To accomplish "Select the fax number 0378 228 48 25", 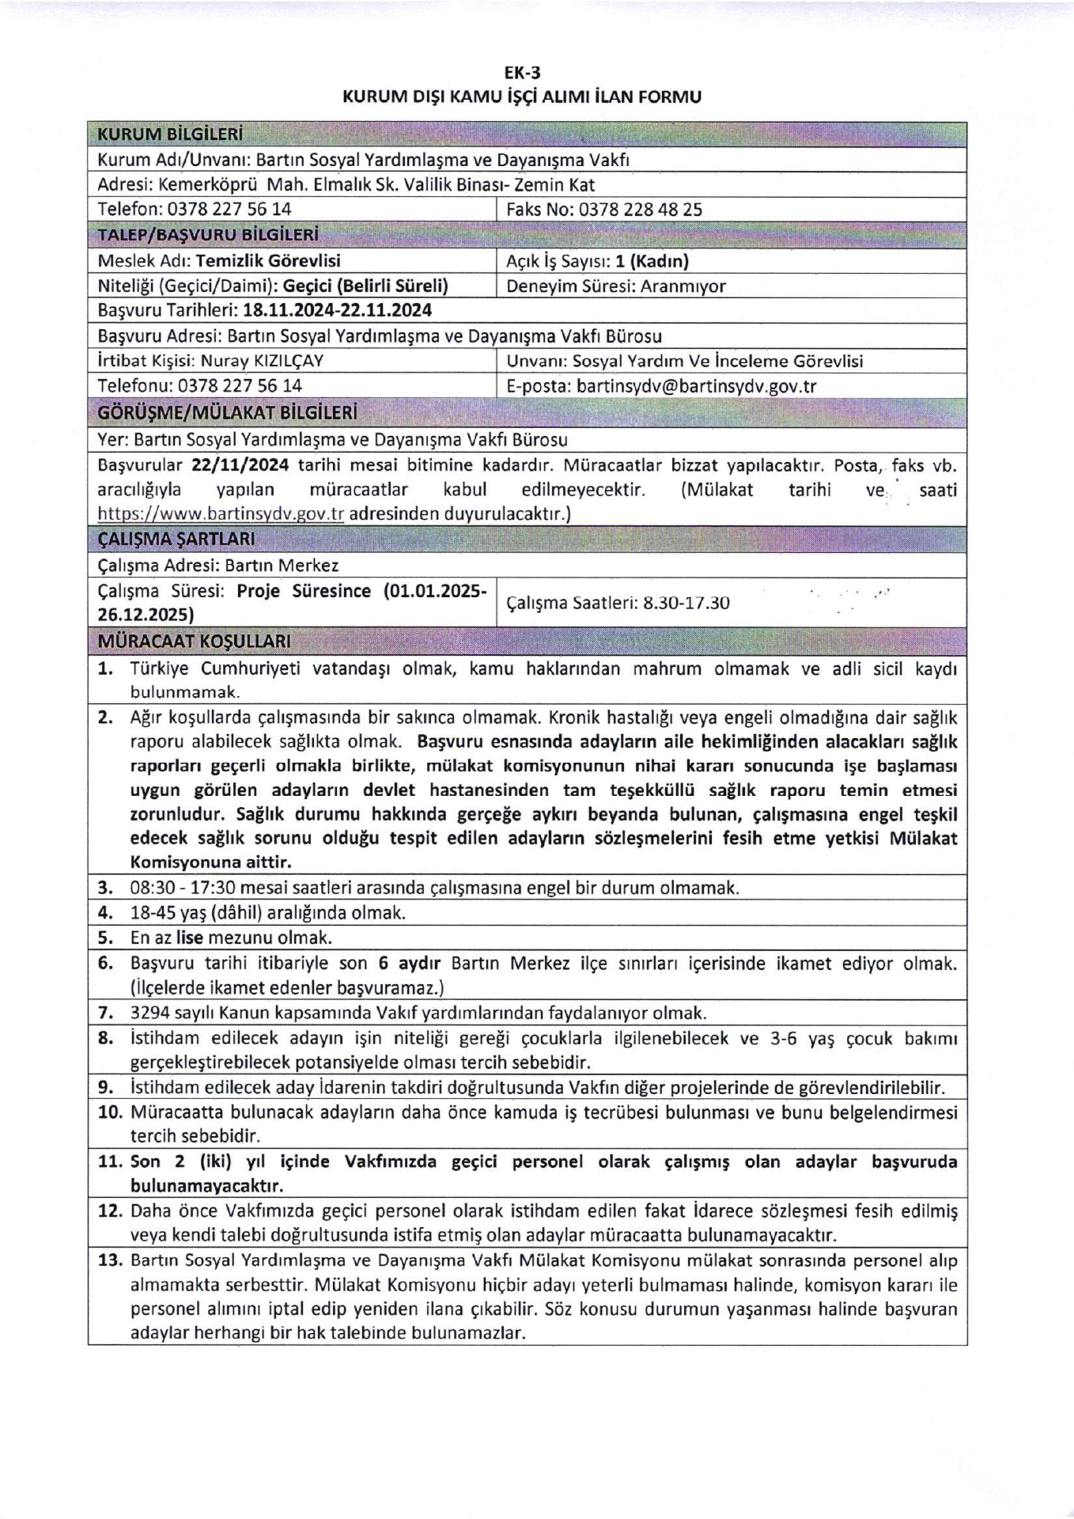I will coord(640,210).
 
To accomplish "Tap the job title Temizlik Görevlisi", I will coord(268,261).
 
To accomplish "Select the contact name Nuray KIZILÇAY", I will coord(262,362).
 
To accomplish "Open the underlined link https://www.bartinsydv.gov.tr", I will coord(221,513).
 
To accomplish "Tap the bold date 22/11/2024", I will coord(240,464).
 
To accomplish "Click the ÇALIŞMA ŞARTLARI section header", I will coord(176,540).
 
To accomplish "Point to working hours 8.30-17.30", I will coord(686,603).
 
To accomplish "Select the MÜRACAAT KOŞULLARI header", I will coord(194,640).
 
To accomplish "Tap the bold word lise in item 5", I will coord(190,938).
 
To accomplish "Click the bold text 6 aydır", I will coord(409,964).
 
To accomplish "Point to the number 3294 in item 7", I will coord(147,1013).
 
